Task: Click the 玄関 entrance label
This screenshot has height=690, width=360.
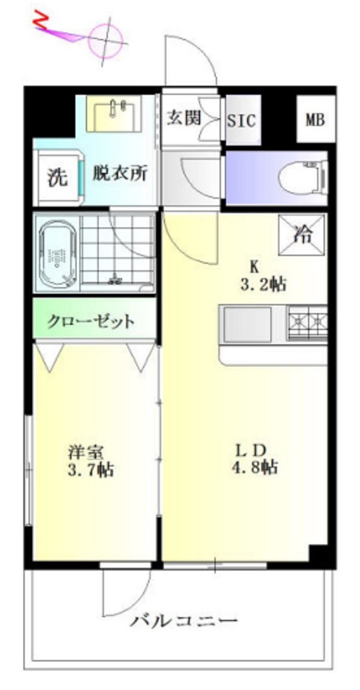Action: pyautogui.click(x=183, y=118)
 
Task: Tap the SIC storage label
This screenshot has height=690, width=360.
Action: pyautogui.click(x=242, y=120)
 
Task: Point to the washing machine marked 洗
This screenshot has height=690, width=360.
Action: pyautogui.click(x=57, y=177)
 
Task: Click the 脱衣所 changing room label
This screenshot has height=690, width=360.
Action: pyautogui.click(x=120, y=173)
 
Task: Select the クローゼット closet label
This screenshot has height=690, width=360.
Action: pyautogui.click(x=91, y=321)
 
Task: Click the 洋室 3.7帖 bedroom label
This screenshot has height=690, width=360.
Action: pyautogui.click(x=90, y=460)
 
